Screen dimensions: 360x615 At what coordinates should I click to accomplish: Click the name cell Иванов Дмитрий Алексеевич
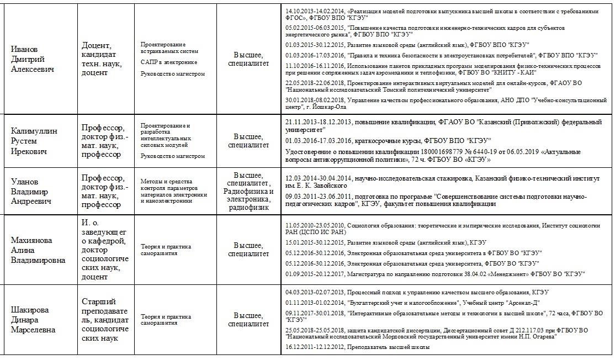pyautogui.click(x=34, y=59)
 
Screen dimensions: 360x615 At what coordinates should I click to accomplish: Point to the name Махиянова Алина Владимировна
pyautogui.click(x=38, y=250)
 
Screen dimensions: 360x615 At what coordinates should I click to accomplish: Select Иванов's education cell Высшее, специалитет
pyautogui.click(x=248, y=59)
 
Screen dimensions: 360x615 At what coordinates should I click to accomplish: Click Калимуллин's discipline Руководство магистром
pyautogui.click(x=172, y=156)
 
